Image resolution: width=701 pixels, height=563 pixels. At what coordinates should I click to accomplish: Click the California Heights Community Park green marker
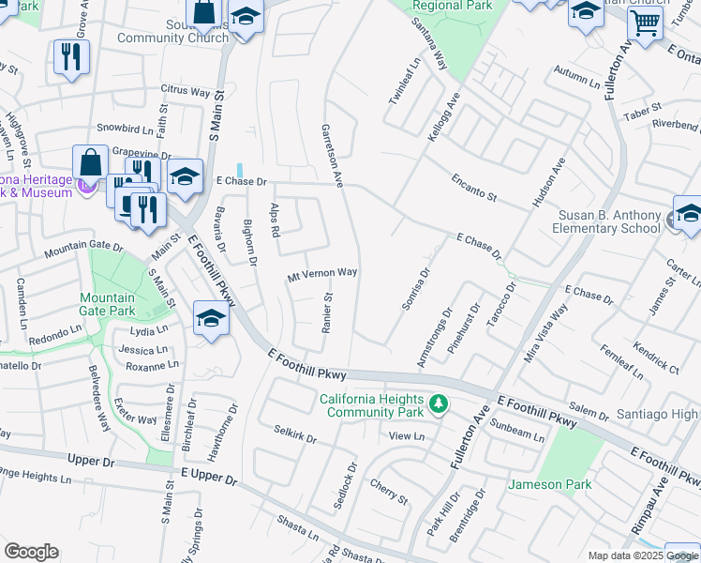tap(438, 404)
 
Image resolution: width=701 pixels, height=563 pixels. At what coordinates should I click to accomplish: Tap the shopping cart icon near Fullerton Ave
tap(644, 23)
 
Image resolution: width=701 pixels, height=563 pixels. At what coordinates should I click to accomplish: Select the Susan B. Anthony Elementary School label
tap(610, 221)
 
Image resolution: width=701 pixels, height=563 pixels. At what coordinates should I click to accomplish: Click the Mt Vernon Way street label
tap(322, 274)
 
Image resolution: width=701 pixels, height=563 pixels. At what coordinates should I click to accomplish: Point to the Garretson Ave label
tap(330, 155)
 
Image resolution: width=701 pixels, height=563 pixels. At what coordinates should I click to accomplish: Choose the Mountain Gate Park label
tap(107, 304)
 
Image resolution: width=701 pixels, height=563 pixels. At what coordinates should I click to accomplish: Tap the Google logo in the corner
tap(31, 552)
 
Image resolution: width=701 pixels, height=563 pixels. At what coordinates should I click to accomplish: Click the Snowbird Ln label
tap(125, 128)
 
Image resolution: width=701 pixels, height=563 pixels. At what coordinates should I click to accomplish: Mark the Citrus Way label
tap(186, 91)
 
